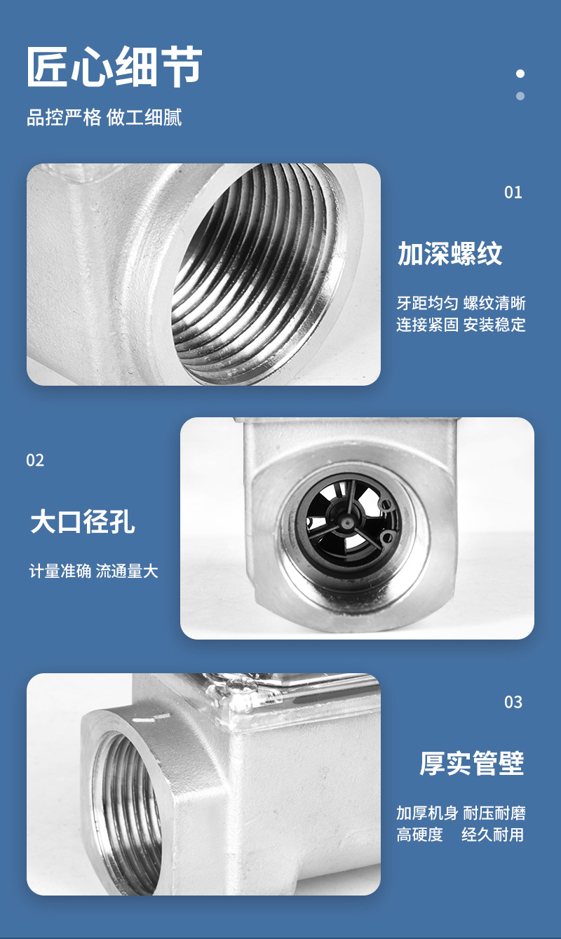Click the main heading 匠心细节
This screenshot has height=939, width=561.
coord(114,67)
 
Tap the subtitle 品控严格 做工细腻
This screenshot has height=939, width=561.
coord(104,117)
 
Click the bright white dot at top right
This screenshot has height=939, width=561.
coord(520,74)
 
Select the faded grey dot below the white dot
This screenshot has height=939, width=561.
coord(520,96)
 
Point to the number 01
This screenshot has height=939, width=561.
coord(513,192)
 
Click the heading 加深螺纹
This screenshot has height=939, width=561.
coord(450,253)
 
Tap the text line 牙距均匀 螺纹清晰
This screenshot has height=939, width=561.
coord(461,303)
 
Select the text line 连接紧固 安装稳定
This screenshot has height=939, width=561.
coord(461,325)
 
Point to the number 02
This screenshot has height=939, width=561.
coord(35,460)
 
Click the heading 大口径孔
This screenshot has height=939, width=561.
coord(83,522)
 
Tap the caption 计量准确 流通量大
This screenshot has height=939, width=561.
coord(93,571)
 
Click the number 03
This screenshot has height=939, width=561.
coord(513,702)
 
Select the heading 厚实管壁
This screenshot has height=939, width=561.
coord(472,763)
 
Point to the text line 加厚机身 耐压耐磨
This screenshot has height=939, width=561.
coord(461,813)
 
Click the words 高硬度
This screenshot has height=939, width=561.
coord(420,835)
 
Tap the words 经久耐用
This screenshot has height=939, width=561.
coord(493,835)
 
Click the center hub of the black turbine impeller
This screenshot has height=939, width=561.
coord(348,522)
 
